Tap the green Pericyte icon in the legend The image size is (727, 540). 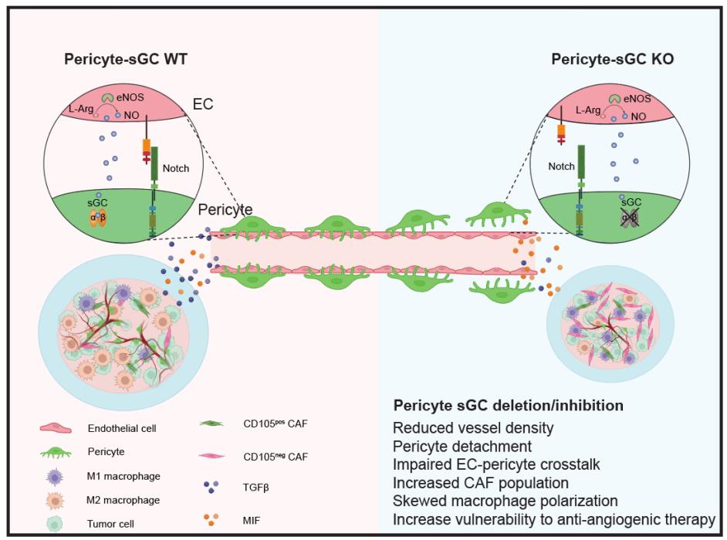click(60, 452)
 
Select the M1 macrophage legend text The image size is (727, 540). click(130, 476)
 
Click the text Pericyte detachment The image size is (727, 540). click(462, 447)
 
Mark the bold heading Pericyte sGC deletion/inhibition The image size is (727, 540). click(508, 405)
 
